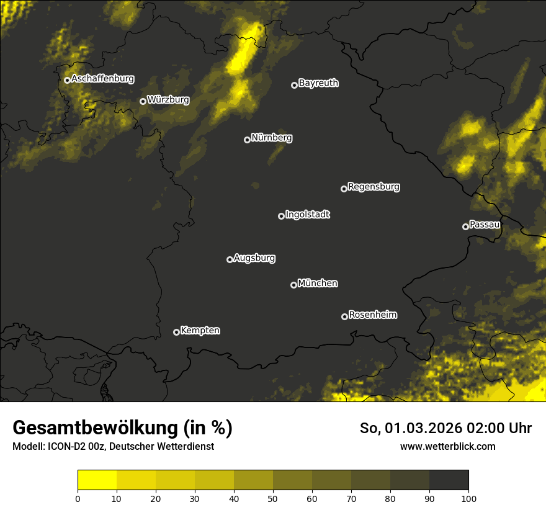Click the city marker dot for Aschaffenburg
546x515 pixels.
coord(67,80)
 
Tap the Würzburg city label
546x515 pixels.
coord(168,100)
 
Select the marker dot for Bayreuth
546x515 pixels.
coord(294,85)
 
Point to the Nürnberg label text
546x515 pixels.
coord(271,138)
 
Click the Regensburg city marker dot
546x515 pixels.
coord(344,189)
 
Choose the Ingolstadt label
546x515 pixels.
coord(308,215)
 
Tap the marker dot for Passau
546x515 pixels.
coord(465,226)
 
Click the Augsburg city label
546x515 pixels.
coord(254,258)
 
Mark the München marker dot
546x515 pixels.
coord(293,285)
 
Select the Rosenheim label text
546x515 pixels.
coord(372,315)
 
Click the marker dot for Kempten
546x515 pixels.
coord(176,332)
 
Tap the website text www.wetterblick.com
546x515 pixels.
coord(447,446)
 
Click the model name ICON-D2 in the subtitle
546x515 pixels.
coord(63,446)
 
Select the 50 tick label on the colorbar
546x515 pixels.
coord(273,498)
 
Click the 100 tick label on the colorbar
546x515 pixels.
coord(468,498)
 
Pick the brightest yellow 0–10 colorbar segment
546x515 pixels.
coord(97,480)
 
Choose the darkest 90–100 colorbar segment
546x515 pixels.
coord(449,480)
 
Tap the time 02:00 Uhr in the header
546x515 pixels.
coord(503,428)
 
